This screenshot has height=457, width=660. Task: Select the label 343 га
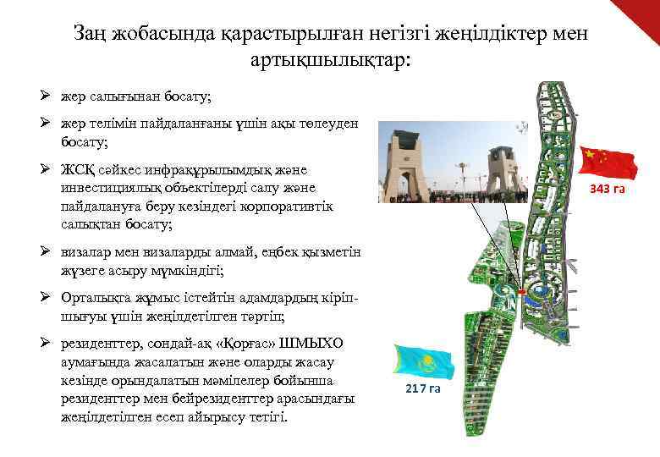click(x=608, y=188)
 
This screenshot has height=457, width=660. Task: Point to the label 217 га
click(x=422, y=388)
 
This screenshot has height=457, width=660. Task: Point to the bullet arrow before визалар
click(x=49, y=252)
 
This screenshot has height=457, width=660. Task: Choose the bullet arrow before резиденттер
click(x=49, y=343)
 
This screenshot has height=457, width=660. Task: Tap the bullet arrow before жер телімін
click(x=49, y=124)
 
